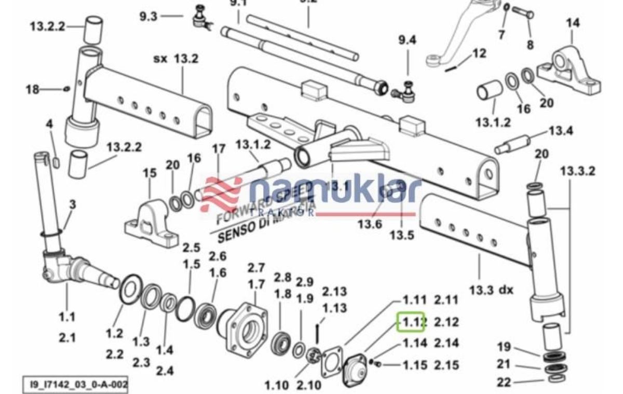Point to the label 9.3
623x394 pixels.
(x=148, y=16)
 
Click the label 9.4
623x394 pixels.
(x=407, y=40)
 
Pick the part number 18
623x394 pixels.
(x=33, y=89)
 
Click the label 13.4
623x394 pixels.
(x=561, y=131)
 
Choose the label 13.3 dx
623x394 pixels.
(x=491, y=290)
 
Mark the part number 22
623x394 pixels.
(x=504, y=383)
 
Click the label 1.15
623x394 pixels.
(x=415, y=365)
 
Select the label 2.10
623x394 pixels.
(x=309, y=385)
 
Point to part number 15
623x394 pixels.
(x=150, y=173)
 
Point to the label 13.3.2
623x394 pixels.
(x=577, y=171)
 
